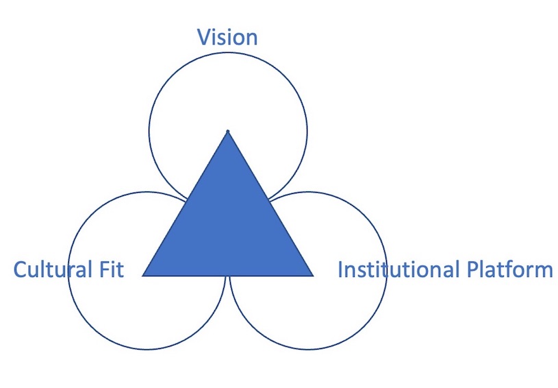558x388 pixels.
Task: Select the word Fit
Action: (110, 269)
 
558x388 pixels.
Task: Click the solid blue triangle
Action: (228, 226)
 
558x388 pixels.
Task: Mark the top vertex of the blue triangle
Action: (228, 132)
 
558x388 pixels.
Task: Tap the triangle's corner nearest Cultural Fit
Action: (144, 276)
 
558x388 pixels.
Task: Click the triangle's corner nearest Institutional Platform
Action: (313, 276)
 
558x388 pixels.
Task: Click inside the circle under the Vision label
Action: (228, 89)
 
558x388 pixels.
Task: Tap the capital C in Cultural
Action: (21, 269)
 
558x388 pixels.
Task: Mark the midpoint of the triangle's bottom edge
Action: (228, 276)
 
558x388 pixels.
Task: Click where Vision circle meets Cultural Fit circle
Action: (186, 199)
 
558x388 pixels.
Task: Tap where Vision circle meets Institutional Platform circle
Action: (270, 199)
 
